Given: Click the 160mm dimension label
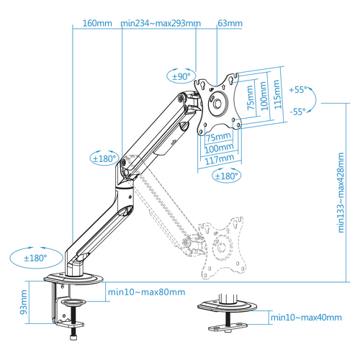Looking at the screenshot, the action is click(97, 23).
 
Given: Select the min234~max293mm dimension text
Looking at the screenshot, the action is click(161, 23).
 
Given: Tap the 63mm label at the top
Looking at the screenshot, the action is click(230, 23).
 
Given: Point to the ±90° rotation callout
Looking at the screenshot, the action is click(181, 76).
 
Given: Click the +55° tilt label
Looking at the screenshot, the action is click(298, 90).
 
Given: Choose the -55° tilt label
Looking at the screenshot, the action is click(298, 112).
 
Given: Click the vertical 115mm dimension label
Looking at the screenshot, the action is click(276, 94).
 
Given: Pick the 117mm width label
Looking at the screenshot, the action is click(220, 159).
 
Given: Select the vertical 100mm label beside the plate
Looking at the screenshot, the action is click(264, 96).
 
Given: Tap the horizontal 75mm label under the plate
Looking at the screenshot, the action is click(218, 137).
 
